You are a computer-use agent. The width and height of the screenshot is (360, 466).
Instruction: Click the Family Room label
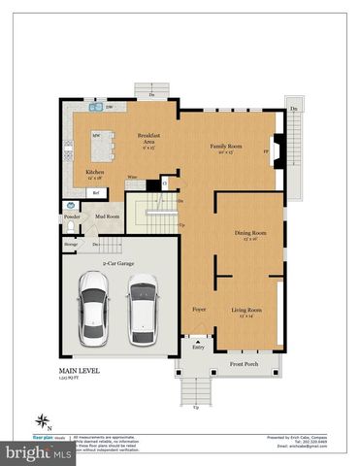(x=225, y=146)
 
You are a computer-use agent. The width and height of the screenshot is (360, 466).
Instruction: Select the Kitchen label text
(x=95, y=172)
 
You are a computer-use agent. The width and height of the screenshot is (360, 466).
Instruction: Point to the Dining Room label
(x=250, y=233)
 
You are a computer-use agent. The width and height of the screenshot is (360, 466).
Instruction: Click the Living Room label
(x=245, y=310)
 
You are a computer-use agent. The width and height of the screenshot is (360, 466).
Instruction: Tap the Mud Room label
(x=106, y=216)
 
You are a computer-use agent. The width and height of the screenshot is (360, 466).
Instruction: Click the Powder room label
(x=72, y=216)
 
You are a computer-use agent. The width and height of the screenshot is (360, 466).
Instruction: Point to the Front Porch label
(x=243, y=365)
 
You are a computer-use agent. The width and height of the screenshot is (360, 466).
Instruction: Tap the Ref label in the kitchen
(x=96, y=193)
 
